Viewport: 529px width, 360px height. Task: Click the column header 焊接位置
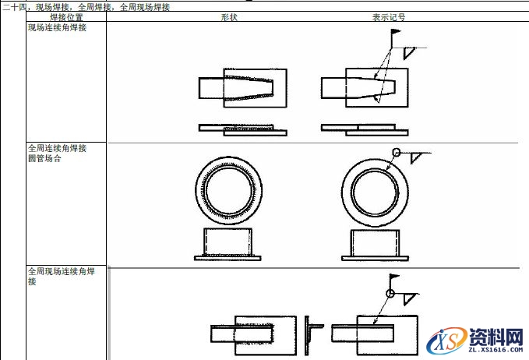[x=66, y=17]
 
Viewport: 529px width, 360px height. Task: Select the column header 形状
[x=229, y=17]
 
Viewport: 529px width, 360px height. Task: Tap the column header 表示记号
[x=388, y=17]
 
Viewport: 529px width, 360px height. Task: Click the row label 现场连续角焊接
[x=58, y=28]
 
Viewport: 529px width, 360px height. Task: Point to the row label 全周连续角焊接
[x=58, y=148]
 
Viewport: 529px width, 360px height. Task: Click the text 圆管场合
[x=44, y=158]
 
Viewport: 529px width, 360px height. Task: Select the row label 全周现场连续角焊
[x=62, y=271]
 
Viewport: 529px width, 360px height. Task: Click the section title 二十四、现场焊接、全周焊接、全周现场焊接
[x=86, y=7]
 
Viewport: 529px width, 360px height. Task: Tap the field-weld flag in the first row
[x=396, y=32]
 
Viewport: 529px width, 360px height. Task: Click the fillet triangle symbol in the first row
[x=408, y=52]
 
